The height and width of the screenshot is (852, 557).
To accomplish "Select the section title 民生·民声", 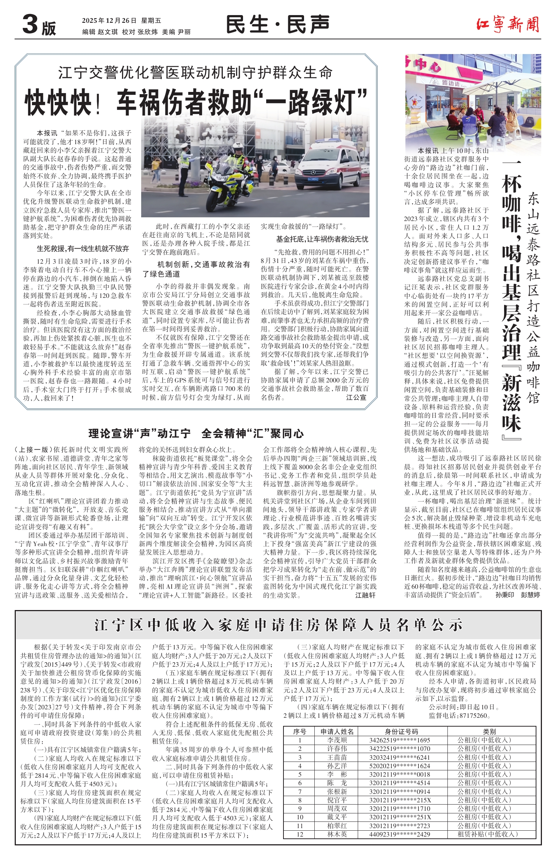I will point(277,25).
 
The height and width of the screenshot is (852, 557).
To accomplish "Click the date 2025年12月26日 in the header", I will point(109,21).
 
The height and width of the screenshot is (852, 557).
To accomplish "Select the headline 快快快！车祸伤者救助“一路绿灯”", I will point(196,102).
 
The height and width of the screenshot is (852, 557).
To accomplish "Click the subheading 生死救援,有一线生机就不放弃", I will point(83,249).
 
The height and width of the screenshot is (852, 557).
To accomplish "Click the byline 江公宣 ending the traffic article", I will point(356,398).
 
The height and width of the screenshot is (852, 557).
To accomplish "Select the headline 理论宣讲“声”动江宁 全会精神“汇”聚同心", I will point(196,434).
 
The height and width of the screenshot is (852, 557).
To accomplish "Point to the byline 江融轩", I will point(365,595).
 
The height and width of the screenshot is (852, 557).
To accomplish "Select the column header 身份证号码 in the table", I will point(401,732).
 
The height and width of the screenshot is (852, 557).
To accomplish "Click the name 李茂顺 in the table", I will point(337,740).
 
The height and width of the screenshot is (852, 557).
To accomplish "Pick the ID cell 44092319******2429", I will point(400,834).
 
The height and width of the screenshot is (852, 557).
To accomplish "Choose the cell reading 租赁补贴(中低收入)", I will point(487,834).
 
